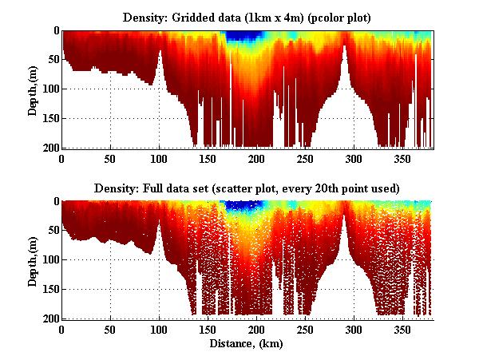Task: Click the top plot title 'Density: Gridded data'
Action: tap(247, 16)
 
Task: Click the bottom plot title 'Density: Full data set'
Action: tap(247, 188)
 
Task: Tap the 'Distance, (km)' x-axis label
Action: tap(247, 344)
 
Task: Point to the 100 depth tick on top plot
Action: tap(49, 89)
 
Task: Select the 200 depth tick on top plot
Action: tap(49, 148)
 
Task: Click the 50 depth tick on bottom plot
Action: tap(52, 231)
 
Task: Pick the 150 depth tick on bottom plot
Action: tap(49, 290)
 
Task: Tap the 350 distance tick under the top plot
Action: tap(402, 159)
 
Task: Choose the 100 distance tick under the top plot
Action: tap(159, 159)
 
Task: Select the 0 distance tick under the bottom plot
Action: tap(61, 330)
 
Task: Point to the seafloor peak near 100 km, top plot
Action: tap(160, 53)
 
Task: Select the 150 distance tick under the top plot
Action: tap(208, 159)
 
